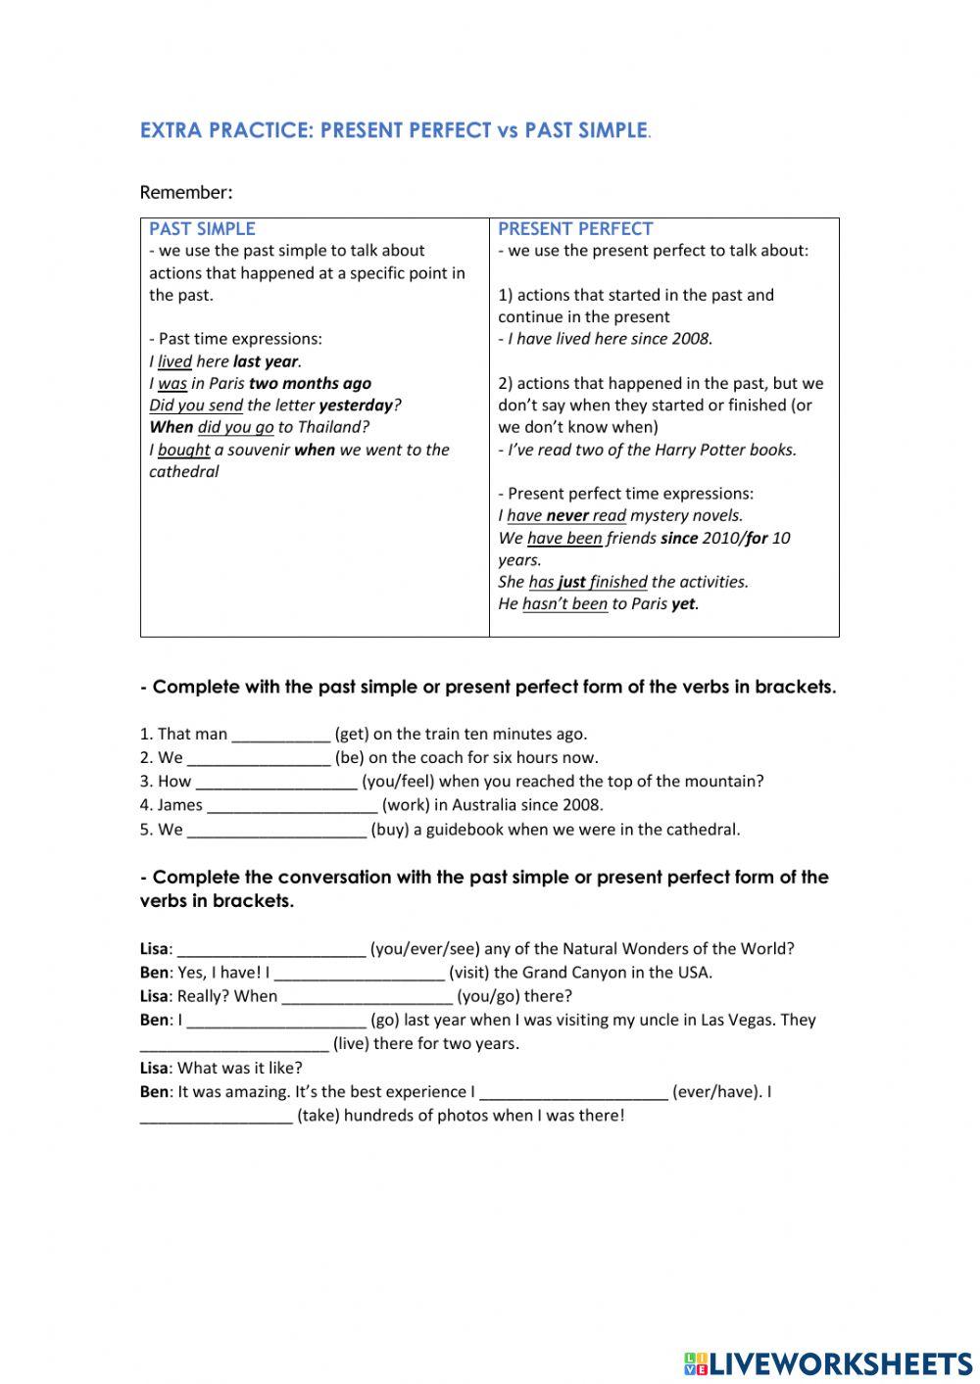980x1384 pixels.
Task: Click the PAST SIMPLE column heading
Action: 202,229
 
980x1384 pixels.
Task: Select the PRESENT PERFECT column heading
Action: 575,229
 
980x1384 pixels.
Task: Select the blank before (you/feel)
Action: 276,782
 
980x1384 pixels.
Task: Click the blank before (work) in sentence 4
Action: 292,806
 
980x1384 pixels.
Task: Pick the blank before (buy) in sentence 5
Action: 276,830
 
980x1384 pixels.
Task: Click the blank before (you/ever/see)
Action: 271,949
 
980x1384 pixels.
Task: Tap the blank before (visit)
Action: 359,973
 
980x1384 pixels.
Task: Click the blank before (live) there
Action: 234,1044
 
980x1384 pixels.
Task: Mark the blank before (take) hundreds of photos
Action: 216,1116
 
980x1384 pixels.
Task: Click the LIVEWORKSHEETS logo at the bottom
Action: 828,1363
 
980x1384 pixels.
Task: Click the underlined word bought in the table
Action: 183,451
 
